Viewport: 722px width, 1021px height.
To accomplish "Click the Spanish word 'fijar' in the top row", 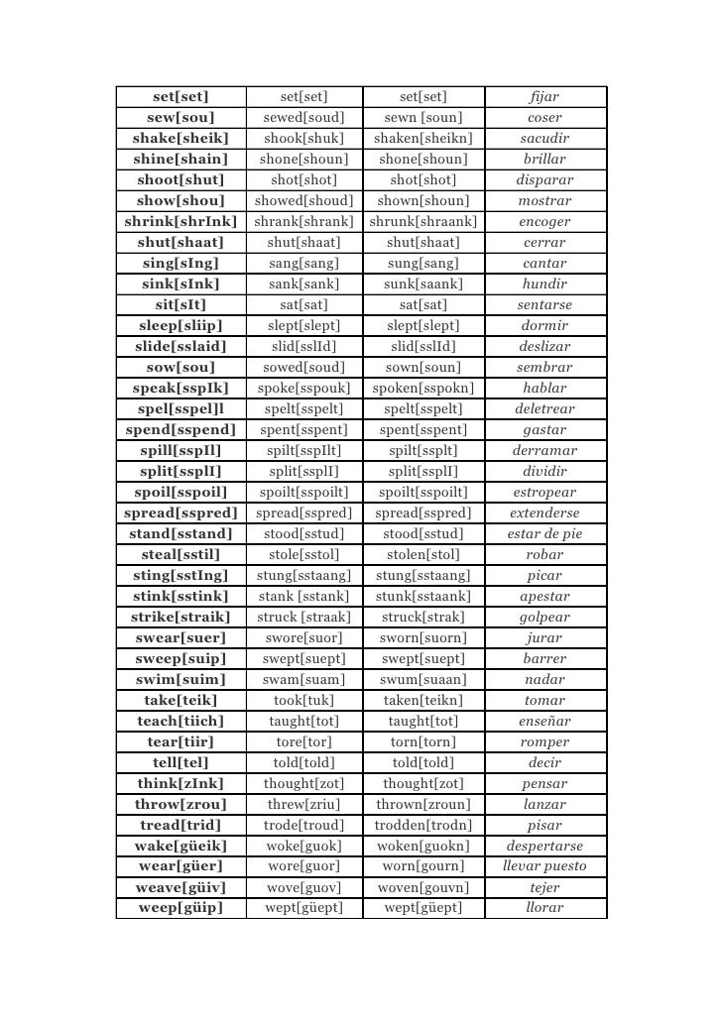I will (x=544, y=96).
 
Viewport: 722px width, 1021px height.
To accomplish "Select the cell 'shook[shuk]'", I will (x=303, y=138).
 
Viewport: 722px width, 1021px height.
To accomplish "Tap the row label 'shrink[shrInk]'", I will (x=180, y=221).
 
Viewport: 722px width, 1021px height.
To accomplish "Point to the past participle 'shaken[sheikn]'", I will (x=423, y=138).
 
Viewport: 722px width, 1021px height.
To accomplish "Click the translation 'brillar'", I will (x=544, y=159).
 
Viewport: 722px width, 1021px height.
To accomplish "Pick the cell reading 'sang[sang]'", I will (x=303, y=263).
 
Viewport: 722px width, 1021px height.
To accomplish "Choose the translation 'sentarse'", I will (x=544, y=304).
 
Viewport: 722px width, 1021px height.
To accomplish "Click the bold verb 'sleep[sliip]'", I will (x=180, y=325).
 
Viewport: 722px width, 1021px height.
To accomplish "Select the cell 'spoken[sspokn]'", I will (x=423, y=388).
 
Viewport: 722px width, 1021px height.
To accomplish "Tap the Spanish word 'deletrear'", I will (x=544, y=408).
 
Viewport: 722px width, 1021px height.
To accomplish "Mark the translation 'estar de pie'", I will (x=544, y=533).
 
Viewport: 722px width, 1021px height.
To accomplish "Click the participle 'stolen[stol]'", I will (x=423, y=554).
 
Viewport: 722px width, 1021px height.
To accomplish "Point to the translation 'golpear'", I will (x=544, y=617).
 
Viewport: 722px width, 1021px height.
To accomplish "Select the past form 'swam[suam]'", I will (x=303, y=679).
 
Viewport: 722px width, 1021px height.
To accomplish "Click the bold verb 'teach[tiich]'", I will (x=180, y=721).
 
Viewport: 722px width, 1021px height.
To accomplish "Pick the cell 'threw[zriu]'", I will (x=303, y=804).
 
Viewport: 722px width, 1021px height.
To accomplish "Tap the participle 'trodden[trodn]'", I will (x=423, y=825).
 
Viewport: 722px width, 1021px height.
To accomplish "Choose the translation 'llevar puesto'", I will (x=544, y=866).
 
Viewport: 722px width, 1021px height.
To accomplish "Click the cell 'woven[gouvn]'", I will (x=423, y=887).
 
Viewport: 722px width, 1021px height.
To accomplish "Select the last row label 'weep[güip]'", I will (x=180, y=908).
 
